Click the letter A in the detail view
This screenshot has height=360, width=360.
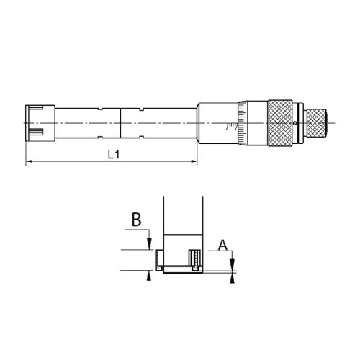(x=222, y=246)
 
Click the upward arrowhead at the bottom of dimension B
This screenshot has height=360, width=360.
(x=148, y=276)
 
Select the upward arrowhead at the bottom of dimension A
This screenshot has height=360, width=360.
(x=232, y=279)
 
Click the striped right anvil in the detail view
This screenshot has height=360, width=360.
(x=194, y=258)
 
